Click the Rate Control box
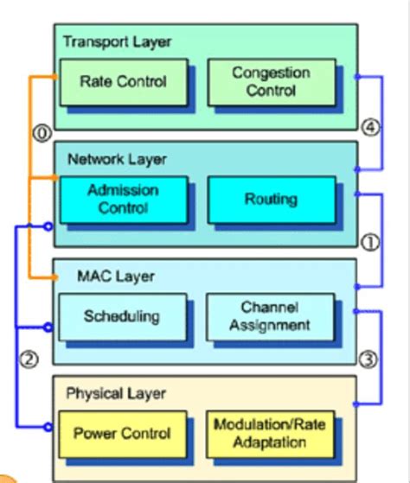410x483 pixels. pos(122,82)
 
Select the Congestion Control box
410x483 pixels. pos(271,82)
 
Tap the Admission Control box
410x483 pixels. pos(122,199)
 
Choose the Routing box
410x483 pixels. pos(271,199)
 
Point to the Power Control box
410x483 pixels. pos(122,433)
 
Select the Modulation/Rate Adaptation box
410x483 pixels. pos(271,433)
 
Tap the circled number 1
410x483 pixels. pos(370,243)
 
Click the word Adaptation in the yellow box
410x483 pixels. pos(271,442)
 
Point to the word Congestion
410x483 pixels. pos(271,73)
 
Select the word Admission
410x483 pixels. pos(122,190)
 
